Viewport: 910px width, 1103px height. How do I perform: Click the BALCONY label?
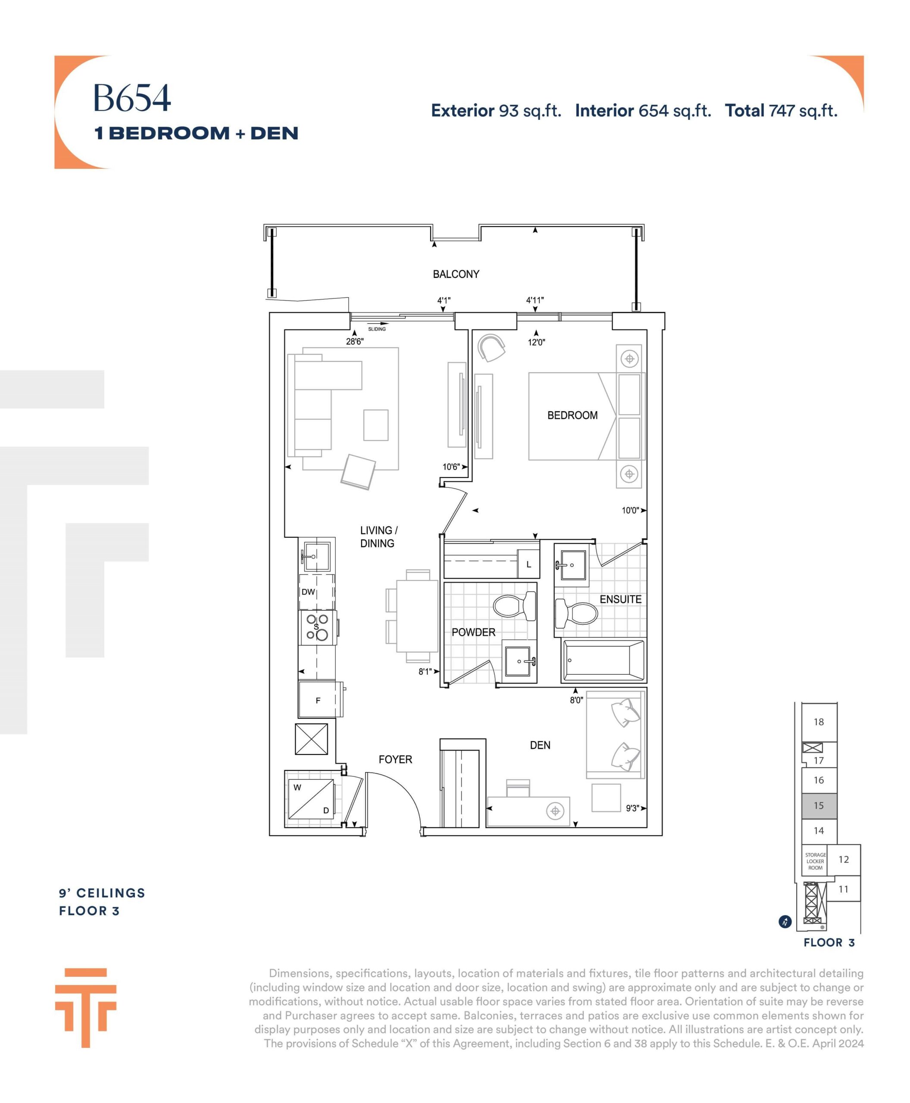point(456,274)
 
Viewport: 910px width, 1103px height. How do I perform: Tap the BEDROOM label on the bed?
point(572,415)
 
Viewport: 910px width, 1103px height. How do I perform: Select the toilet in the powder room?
point(515,606)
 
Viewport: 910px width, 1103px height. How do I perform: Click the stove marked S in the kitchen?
point(318,627)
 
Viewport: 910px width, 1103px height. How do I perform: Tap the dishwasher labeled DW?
point(316,592)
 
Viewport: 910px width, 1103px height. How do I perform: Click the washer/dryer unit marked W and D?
point(311,798)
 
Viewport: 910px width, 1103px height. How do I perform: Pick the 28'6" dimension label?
point(355,342)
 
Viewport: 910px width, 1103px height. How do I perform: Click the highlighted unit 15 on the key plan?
point(819,806)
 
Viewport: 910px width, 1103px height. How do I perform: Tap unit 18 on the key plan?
point(819,723)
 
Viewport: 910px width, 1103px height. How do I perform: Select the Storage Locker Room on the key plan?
point(815,861)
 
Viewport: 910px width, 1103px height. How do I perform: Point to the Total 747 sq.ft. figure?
point(781,111)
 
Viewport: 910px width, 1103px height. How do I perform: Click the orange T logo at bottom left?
point(85,1008)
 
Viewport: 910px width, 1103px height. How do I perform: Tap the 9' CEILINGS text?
point(102,893)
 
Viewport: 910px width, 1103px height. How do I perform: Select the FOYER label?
point(395,759)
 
